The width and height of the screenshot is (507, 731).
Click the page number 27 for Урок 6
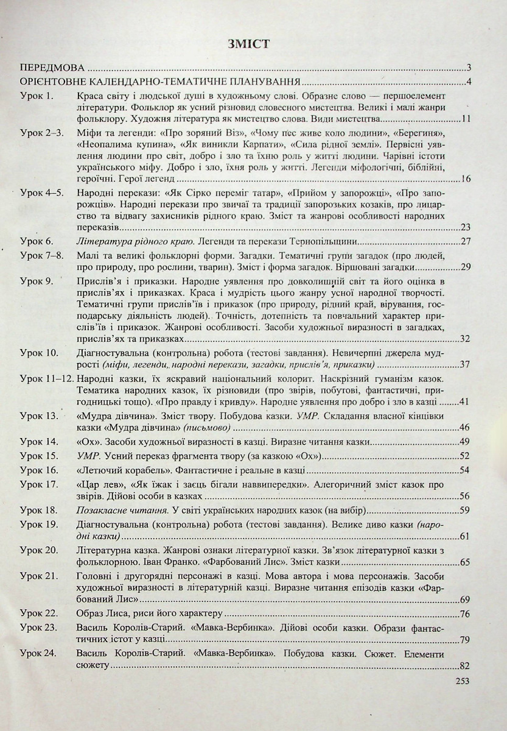466,242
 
